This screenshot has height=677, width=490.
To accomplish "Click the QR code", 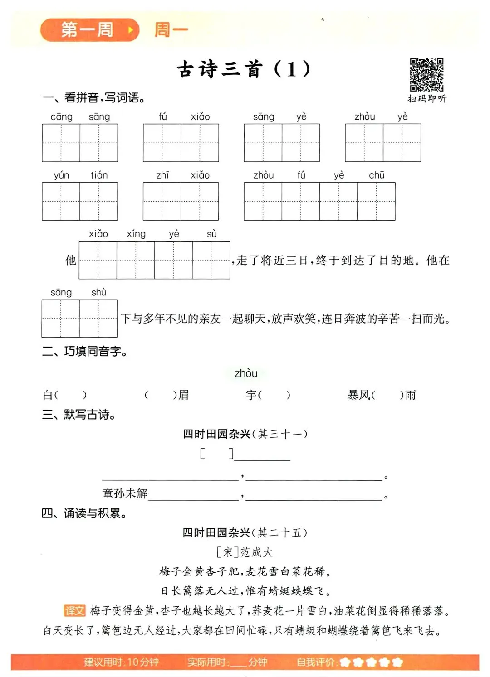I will click(x=426, y=75).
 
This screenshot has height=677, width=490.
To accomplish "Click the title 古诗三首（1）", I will click(x=244, y=69).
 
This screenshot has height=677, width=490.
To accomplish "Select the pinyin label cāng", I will click(x=61, y=117).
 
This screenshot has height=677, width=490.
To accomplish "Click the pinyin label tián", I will click(x=99, y=175).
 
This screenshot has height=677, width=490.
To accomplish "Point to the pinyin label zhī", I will click(x=162, y=175).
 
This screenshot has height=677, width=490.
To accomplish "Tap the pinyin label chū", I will click(x=377, y=175).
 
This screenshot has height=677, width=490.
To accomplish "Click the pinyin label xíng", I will click(x=136, y=234).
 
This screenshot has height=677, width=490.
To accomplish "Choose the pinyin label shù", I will click(x=98, y=292).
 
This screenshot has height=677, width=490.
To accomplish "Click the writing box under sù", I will click(x=211, y=260).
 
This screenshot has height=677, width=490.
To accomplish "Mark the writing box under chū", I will click(x=376, y=202).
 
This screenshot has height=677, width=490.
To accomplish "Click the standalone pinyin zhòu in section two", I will click(x=246, y=373).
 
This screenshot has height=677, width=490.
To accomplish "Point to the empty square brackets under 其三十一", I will click(x=216, y=454).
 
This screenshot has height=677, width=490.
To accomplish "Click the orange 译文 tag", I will click(x=74, y=611).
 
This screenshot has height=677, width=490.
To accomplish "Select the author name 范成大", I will click(x=256, y=552).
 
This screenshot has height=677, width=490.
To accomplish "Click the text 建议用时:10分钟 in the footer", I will click(x=121, y=662).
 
